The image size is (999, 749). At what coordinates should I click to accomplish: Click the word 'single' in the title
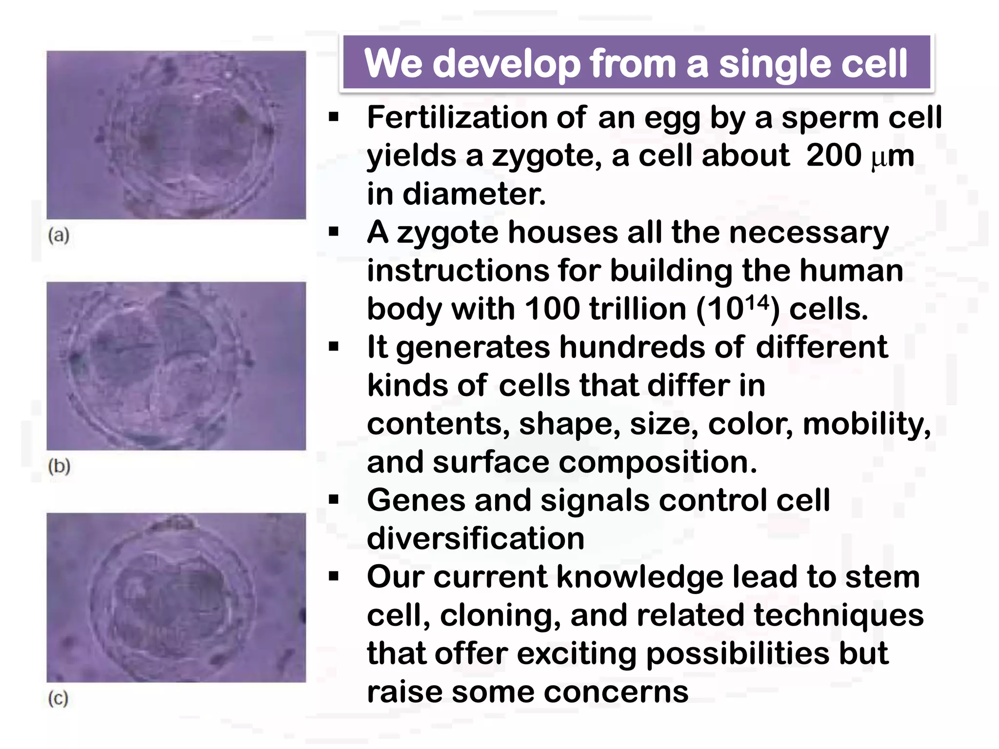(x=771, y=64)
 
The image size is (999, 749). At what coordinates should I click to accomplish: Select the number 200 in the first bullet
(x=834, y=156)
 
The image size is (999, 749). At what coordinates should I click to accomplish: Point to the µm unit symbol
(x=892, y=157)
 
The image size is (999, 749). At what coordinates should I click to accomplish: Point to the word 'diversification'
(x=476, y=538)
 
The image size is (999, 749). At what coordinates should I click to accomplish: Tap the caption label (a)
(x=59, y=236)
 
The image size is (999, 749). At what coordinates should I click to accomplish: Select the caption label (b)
(x=59, y=467)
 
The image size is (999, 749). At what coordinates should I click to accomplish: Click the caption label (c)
(x=59, y=698)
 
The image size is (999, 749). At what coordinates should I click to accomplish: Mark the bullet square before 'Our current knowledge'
(x=334, y=577)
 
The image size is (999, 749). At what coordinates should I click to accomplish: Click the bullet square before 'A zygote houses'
(x=334, y=232)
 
